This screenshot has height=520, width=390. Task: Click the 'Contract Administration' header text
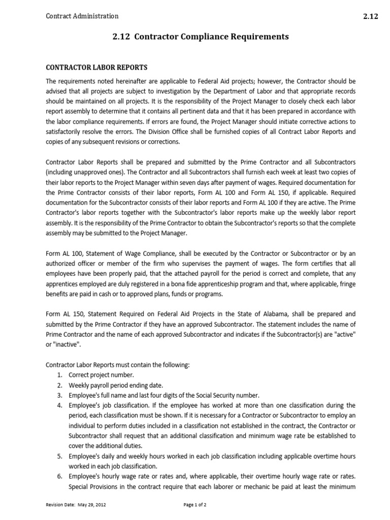coord(82,16)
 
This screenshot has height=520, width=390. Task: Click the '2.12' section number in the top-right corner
coord(370,16)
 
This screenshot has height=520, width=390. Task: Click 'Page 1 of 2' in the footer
coord(196,505)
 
